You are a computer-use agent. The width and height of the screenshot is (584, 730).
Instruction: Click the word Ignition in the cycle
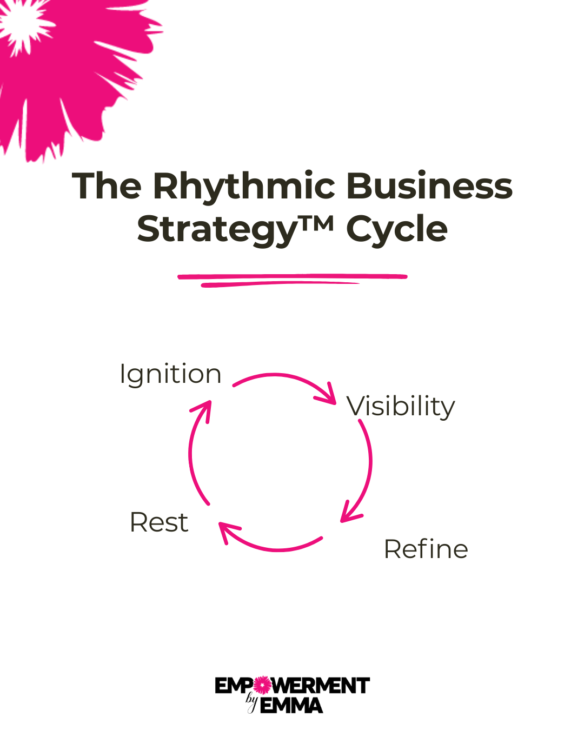170,374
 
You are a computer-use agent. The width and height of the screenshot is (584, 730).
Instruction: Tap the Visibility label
401,407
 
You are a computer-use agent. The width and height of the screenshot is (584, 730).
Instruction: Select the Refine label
426,549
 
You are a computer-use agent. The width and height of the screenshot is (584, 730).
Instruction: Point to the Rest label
159,523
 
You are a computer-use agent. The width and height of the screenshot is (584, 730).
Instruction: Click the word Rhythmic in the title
244,187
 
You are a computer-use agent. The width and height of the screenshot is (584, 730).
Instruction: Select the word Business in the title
429,187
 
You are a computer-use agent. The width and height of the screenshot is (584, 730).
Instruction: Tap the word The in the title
107,187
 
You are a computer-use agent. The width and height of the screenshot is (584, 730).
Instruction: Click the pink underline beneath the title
292,280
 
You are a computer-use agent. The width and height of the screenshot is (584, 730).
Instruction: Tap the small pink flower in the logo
262,686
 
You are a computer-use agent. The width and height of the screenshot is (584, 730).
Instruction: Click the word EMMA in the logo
291,706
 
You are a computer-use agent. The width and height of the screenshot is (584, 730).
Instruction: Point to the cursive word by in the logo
251,701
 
